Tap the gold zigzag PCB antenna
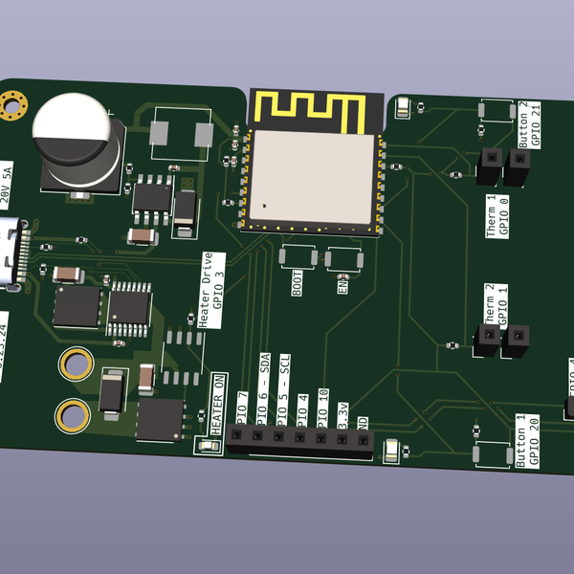point(309,109)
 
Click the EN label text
point(342,284)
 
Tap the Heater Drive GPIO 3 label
point(211,291)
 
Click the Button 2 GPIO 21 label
point(529,123)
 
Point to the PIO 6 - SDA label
point(263,390)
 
